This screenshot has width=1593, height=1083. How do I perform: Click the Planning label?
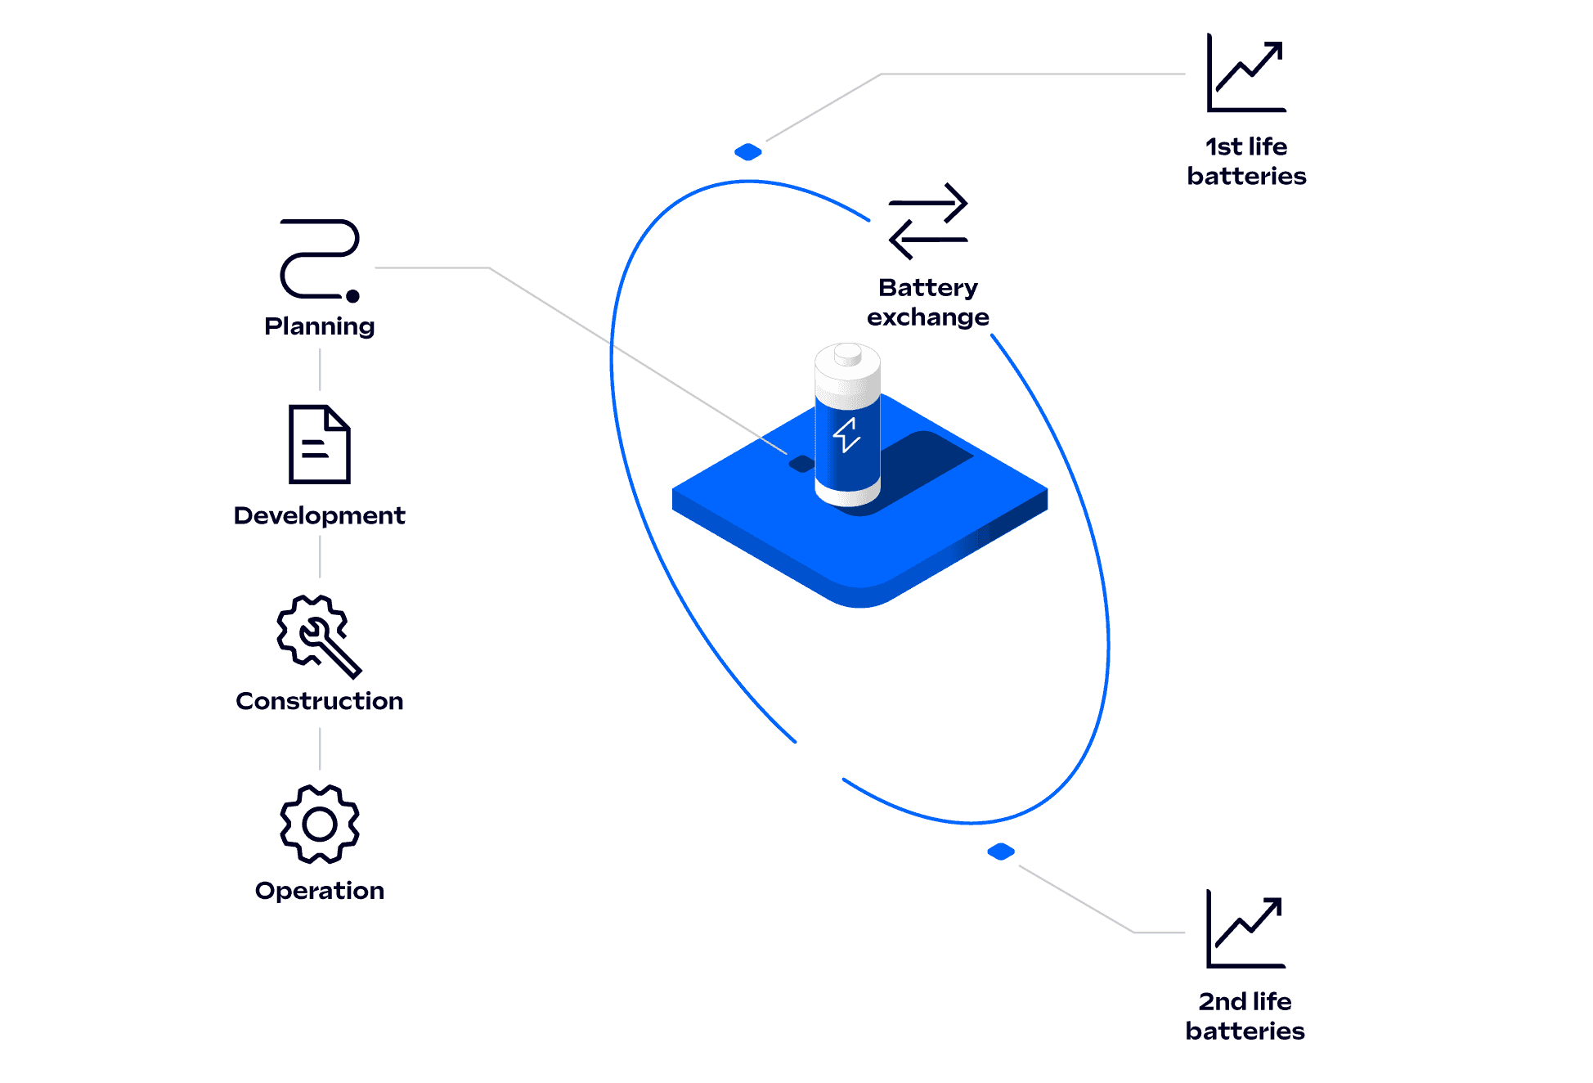tap(320, 326)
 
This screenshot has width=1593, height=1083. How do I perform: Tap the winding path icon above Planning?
tap(319, 259)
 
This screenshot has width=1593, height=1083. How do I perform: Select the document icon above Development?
tap(320, 444)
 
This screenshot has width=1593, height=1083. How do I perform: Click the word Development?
tap(319, 515)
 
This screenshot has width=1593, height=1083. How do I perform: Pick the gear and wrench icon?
tap(318, 636)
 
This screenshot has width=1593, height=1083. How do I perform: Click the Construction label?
tap(319, 701)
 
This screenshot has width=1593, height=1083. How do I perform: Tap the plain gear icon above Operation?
tap(319, 825)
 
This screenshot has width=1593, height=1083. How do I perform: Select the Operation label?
tap(319, 890)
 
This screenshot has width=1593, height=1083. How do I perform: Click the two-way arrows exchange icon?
tap(928, 221)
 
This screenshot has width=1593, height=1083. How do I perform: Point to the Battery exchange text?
tap(928, 302)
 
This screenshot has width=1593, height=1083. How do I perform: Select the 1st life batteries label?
tap(1246, 161)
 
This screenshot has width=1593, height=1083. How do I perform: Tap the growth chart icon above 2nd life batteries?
tap(1245, 929)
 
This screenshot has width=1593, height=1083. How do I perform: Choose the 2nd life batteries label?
tap(1245, 1016)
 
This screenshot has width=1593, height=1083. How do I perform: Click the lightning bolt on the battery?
tap(846, 434)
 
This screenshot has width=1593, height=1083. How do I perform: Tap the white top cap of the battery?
tap(847, 361)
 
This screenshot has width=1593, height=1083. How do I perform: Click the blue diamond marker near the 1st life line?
tap(747, 152)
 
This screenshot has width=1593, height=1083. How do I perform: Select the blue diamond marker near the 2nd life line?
tap(1001, 852)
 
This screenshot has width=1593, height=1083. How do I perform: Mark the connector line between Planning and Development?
tap(320, 370)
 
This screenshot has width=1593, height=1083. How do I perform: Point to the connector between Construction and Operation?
tap(320, 748)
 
